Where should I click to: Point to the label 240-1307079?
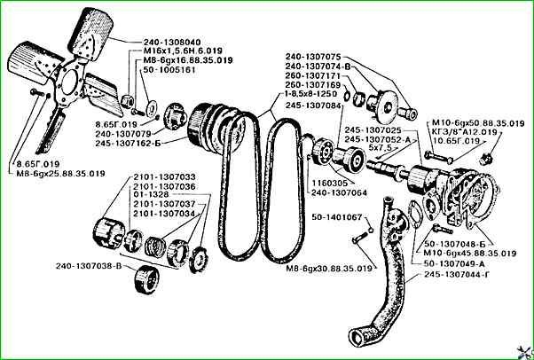(x=146, y=134)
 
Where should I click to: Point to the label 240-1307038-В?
(x=88, y=265)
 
